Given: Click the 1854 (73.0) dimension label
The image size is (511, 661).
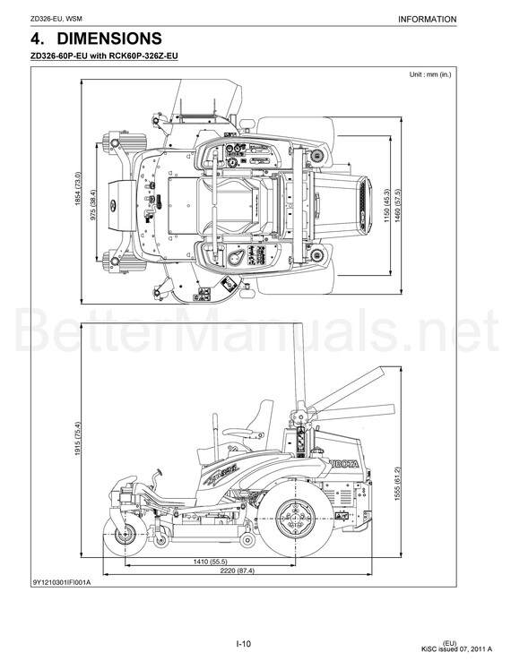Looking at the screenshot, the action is pyautogui.click(x=77, y=188).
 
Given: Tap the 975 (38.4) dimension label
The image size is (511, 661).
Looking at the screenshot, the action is pyautogui.click(x=93, y=204).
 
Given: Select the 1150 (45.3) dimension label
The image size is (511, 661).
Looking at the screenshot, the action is pyautogui.click(x=386, y=206).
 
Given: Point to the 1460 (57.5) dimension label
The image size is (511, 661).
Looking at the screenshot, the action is pyautogui.click(x=396, y=206).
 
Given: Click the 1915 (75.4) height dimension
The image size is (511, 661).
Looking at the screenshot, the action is pyautogui.click(x=77, y=438).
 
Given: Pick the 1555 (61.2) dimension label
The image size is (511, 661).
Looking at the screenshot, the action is pyautogui.click(x=396, y=484).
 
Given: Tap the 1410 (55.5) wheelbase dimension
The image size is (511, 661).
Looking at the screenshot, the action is pyautogui.click(x=210, y=562).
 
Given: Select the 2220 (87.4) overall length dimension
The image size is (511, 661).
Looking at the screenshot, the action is pyautogui.click(x=238, y=571).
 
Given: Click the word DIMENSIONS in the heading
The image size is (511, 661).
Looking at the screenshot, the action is pyautogui.click(x=109, y=39).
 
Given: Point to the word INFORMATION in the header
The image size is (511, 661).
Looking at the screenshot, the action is pyautogui.click(x=427, y=20).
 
